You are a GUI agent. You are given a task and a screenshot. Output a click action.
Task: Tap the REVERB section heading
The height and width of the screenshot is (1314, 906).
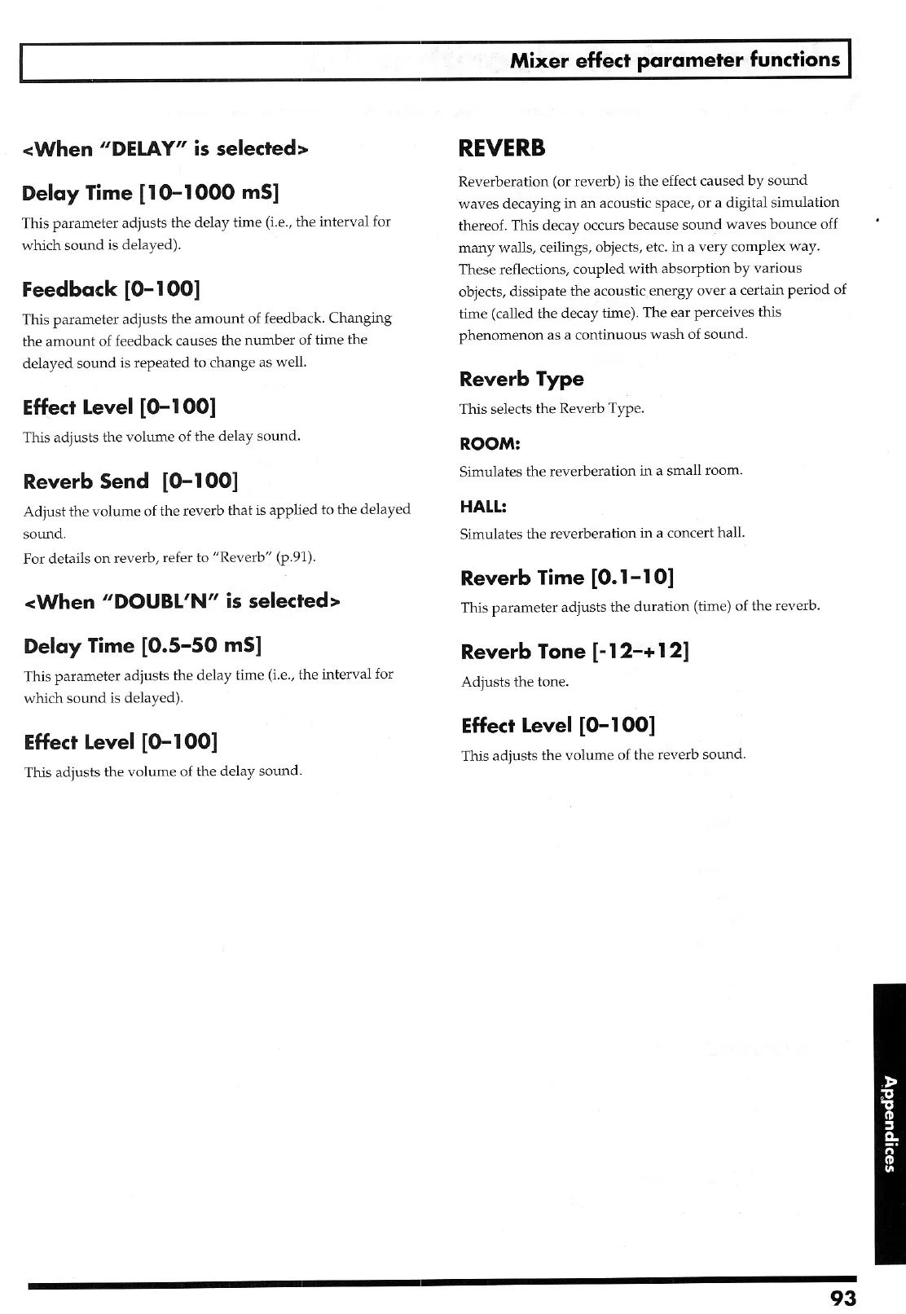[502, 148]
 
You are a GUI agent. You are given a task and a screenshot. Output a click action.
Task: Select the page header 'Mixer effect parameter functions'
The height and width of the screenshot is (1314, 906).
[675, 59]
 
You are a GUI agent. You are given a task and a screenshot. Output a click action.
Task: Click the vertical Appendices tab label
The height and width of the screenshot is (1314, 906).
[889, 1123]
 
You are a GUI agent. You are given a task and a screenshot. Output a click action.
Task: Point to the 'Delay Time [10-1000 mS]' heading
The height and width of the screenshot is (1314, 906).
[151, 193]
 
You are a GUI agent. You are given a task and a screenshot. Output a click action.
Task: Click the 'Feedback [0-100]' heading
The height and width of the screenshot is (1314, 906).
[112, 288]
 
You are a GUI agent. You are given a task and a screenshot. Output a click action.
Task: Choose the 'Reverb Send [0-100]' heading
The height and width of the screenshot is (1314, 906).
[131, 481]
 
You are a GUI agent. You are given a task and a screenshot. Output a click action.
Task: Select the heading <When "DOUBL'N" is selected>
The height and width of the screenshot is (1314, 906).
[183, 601]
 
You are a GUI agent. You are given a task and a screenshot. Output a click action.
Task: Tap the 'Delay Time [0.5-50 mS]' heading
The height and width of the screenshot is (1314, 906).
[143, 646]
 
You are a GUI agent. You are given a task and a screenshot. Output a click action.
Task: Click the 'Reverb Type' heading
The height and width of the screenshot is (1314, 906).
[521, 379]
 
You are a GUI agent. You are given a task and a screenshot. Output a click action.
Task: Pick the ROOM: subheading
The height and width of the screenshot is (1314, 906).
[490, 444]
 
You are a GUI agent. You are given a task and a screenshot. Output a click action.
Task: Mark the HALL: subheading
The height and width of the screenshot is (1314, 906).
[483, 507]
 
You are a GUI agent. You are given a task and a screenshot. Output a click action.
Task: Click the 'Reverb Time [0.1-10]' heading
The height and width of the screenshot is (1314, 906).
[567, 578]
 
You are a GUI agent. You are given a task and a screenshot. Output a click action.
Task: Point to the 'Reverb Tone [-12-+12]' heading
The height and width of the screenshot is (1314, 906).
[575, 652]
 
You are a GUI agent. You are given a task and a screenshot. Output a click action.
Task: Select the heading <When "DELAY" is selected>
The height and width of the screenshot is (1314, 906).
[167, 148]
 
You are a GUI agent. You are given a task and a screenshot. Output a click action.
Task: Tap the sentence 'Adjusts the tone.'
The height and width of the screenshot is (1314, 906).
[515, 682]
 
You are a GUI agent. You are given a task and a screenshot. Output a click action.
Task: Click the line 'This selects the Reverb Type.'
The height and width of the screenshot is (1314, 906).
[552, 409]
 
